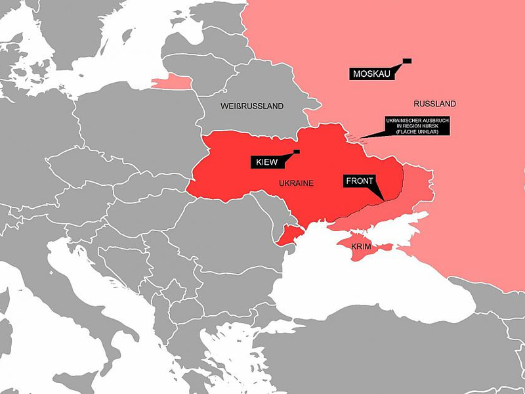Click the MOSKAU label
click(371, 74)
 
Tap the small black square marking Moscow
click(407, 60)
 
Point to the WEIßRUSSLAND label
click(252, 106)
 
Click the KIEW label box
click(264, 162)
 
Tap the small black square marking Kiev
click(296, 152)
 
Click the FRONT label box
click(359, 181)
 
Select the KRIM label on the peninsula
click(361, 247)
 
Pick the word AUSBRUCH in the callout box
click(434, 121)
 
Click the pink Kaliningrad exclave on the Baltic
click(172, 82)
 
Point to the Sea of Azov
click(387, 227)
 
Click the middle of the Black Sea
click(374, 289)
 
